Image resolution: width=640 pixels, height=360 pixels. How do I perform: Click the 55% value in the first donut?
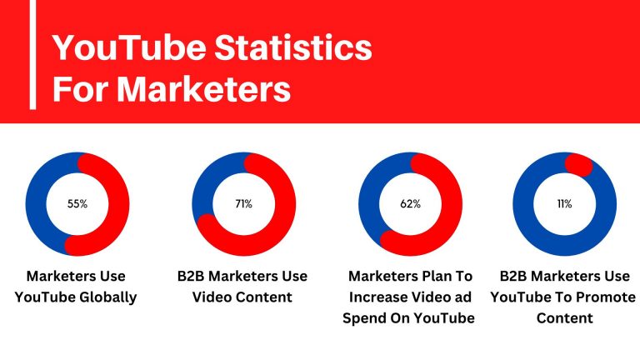tap(77, 203)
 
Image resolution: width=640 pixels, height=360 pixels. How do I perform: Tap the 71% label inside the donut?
tap(243, 203)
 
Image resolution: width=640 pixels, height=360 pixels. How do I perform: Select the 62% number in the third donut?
tap(410, 203)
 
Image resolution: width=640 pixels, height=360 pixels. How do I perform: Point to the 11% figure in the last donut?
tap(564, 203)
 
